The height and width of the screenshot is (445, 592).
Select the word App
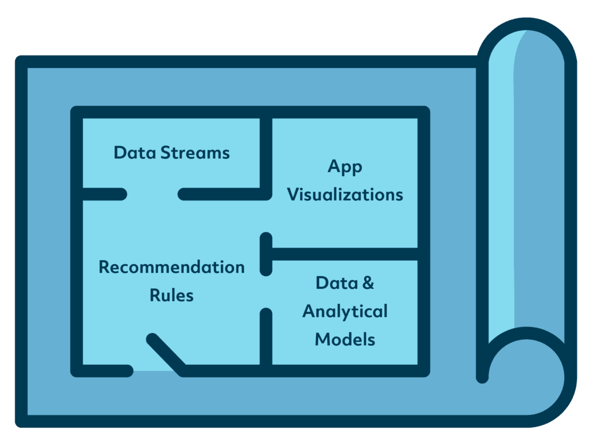(345, 167)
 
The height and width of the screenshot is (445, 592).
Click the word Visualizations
(345, 194)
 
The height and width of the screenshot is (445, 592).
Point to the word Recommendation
(171, 268)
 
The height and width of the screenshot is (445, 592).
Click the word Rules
(171, 295)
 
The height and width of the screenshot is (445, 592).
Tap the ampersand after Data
(366, 283)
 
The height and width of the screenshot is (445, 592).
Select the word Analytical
(345, 311)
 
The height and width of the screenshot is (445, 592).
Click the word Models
(345, 339)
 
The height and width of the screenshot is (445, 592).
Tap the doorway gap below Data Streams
(152, 194)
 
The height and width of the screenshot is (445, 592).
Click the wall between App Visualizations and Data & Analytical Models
(344, 254)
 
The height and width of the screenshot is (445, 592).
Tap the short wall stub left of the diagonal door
(104, 370)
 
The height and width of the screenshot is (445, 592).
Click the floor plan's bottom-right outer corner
(424, 370)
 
